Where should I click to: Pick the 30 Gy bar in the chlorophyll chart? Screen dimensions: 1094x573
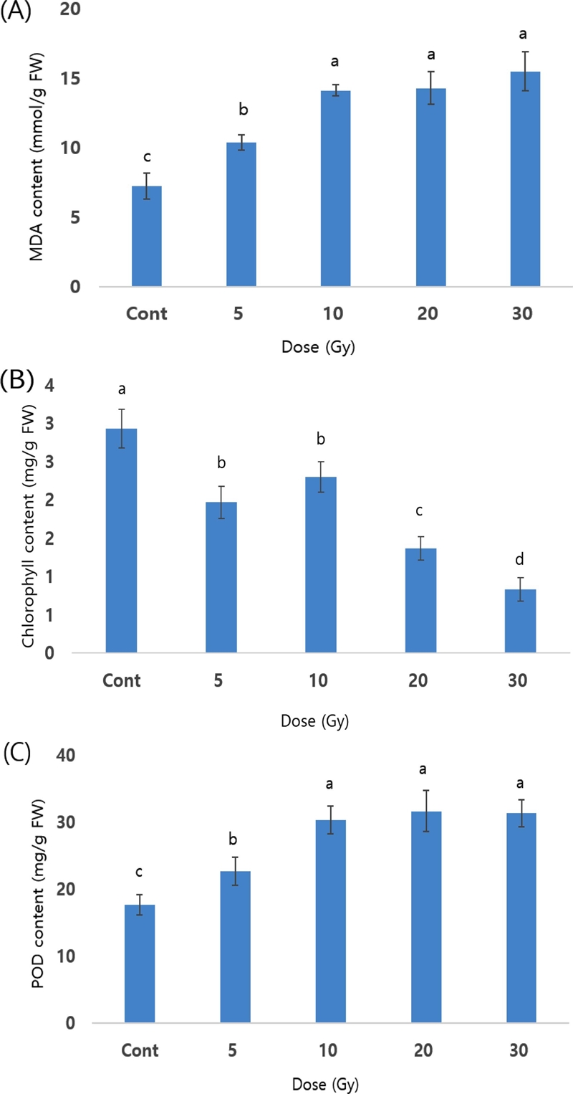[x=521, y=621]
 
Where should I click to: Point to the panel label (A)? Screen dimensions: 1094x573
[x=16, y=13]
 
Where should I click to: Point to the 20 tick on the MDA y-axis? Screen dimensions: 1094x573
[x=72, y=11]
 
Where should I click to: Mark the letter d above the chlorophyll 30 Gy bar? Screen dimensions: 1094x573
[x=521, y=559]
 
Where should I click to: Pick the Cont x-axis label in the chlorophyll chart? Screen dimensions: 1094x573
[x=121, y=680]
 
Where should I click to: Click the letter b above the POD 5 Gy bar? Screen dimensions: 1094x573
[x=235, y=839]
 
